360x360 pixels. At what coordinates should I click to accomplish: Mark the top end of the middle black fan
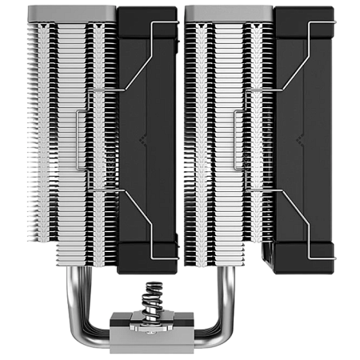pyautogui.click(x=147, y=11)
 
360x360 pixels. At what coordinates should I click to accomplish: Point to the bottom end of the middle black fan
pyautogui.click(x=147, y=269)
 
